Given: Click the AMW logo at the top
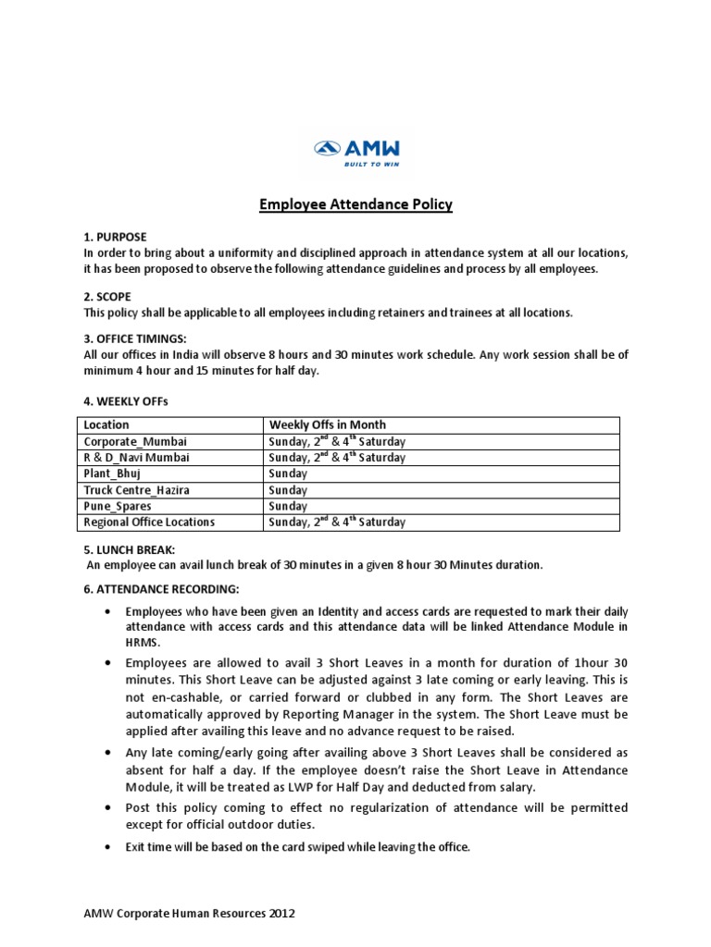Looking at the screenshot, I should (x=356, y=153).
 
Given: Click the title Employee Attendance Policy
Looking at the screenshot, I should (x=355, y=204).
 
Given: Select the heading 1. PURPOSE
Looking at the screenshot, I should (x=115, y=238).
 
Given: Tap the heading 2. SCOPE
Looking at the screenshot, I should (x=107, y=297).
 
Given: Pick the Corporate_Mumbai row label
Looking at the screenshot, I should (x=135, y=442).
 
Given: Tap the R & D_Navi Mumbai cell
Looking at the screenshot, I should (x=142, y=458).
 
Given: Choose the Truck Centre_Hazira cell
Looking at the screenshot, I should (x=136, y=490).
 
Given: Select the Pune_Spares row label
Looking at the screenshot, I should (x=118, y=506).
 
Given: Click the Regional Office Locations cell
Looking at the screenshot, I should (x=149, y=522).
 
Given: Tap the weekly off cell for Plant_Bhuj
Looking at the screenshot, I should (x=288, y=473).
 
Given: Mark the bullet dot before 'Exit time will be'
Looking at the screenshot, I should (x=109, y=847).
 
